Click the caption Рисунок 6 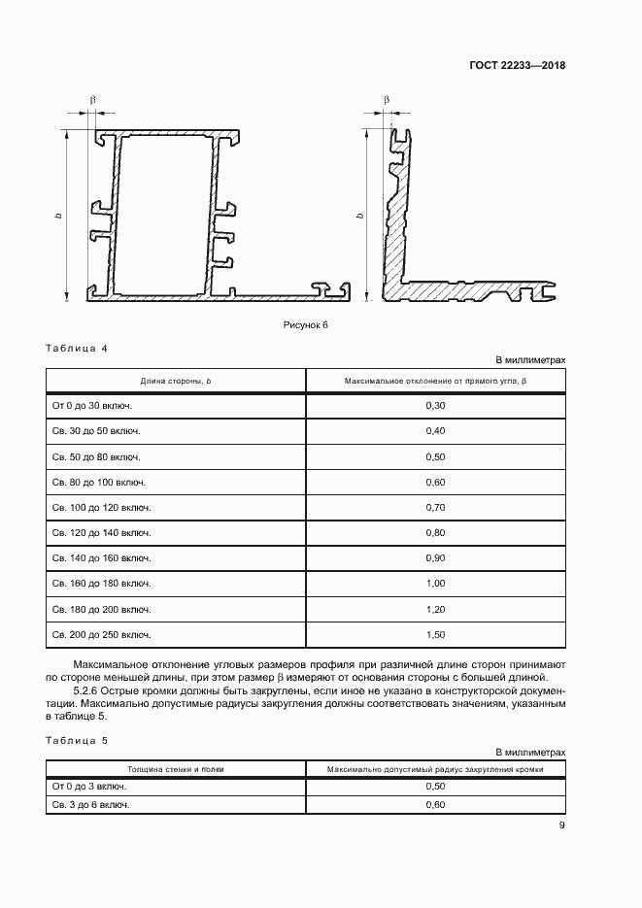tap(306, 325)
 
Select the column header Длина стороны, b tap(175, 381)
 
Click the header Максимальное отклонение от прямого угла tap(435, 381)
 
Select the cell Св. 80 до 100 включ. tap(98, 482)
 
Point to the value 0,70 tap(435, 507)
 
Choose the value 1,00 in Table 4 tap(435, 583)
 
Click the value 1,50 tap(435, 634)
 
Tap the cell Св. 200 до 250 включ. tap(101, 634)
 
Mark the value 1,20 tap(435, 609)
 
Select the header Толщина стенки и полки tap(175, 769)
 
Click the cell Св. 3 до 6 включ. tap(90, 805)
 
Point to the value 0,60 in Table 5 tap(435, 805)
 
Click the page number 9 tap(561, 826)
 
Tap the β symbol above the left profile tap(93, 100)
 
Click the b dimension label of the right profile tap(359, 215)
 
